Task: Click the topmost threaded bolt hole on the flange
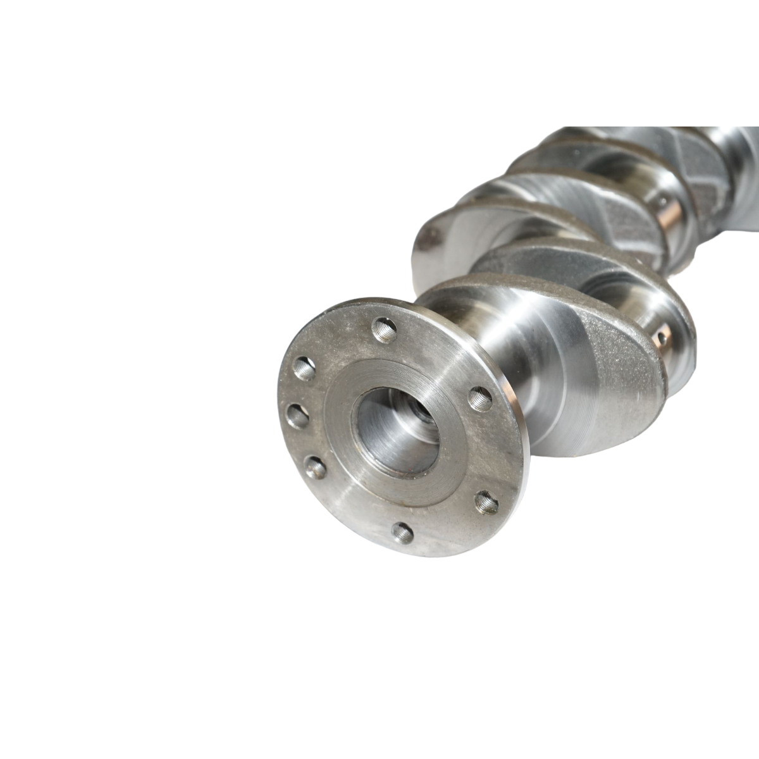pos(384,330)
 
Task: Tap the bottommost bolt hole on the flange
pos(402,532)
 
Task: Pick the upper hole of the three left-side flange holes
pos(305,367)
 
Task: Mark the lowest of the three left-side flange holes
pos(314,468)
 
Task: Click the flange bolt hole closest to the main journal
pos(481,398)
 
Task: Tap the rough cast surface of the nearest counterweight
pos(626,379)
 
